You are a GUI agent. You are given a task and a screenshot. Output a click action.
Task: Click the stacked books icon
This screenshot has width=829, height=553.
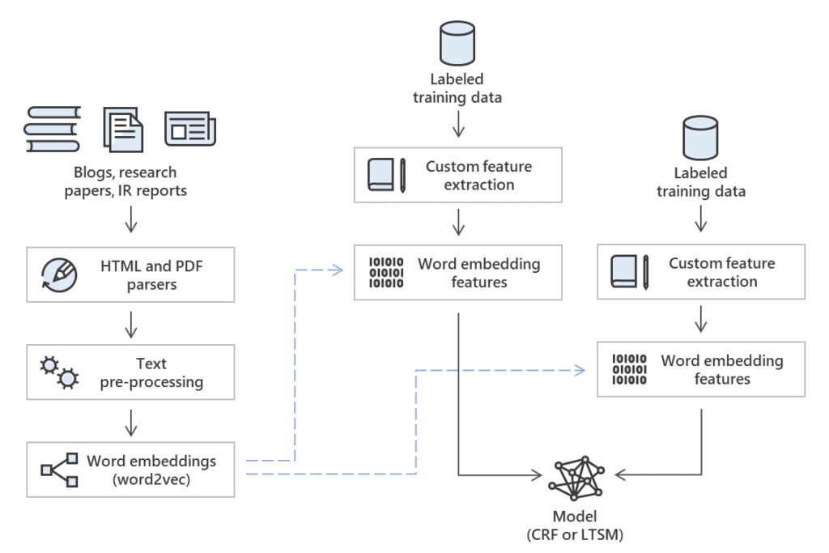click(53, 130)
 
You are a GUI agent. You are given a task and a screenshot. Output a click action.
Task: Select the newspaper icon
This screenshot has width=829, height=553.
click(190, 130)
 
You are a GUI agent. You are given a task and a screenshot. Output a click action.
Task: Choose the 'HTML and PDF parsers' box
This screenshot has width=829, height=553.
click(130, 274)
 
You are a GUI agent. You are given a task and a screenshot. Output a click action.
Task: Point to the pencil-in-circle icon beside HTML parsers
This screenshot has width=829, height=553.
click(59, 274)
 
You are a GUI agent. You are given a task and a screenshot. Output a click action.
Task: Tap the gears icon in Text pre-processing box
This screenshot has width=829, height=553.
click(60, 371)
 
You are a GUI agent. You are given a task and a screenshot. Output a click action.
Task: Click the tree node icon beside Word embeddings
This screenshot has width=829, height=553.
click(60, 470)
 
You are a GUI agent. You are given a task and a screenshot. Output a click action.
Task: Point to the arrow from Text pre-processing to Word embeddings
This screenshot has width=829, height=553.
click(131, 420)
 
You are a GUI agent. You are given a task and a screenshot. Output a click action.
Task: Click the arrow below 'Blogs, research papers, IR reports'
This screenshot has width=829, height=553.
click(131, 219)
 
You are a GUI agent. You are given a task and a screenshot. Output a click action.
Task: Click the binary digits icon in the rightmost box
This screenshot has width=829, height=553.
click(629, 368)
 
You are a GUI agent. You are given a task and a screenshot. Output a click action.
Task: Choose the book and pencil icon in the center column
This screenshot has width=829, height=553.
click(386, 175)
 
